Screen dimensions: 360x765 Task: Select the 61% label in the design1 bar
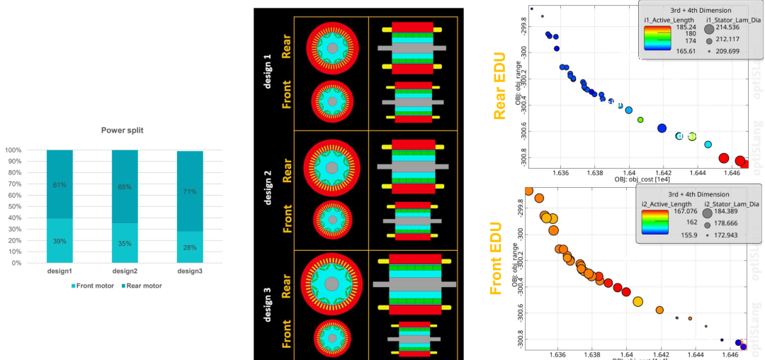coord(59,185)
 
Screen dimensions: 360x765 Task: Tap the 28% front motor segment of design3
coord(190,247)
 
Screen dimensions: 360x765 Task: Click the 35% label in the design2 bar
coord(125,243)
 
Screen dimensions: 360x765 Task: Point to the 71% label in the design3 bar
coord(190,191)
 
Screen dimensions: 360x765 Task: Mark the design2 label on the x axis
coord(125,271)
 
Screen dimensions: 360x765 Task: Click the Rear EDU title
coord(499,84)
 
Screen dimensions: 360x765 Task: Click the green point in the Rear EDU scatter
coord(640,120)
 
